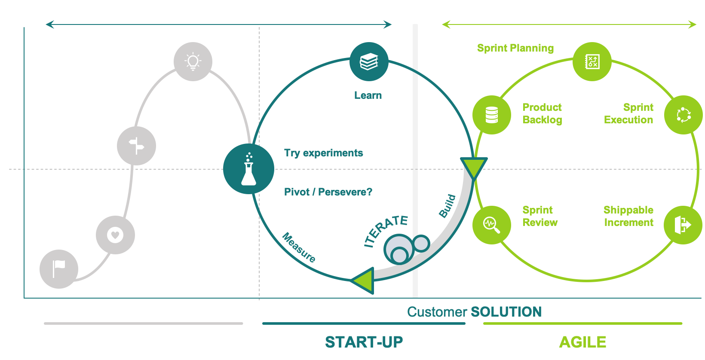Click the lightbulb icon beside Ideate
(x=193, y=61)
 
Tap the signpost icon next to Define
(x=136, y=146)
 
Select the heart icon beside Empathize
(x=115, y=235)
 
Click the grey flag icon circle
(x=59, y=269)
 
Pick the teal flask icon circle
(x=248, y=169)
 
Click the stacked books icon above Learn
(x=369, y=61)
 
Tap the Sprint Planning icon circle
(x=592, y=61)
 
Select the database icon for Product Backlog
(x=491, y=115)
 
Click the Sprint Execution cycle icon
(x=684, y=115)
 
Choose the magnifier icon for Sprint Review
(x=491, y=224)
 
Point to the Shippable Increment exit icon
(x=683, y=224)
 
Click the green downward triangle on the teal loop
(x=474, y=168)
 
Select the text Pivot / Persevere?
(x=328, y=192)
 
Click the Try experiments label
(x=323, y=153)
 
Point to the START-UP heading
(x=364, y=342)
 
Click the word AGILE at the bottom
(x=582, y=342)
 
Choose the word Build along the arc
(x=448, y=206)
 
